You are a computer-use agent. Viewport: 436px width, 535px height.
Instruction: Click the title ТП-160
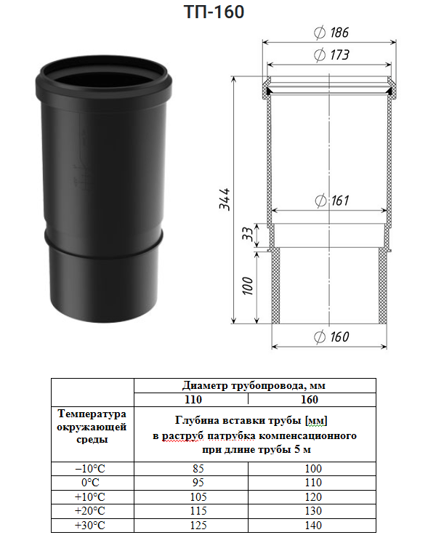point(214,12)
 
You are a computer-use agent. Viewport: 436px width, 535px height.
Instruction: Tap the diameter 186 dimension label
point(331,33)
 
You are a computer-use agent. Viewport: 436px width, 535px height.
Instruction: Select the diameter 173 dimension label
point(331,55)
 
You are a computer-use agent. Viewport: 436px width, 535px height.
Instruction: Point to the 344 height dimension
point(225,199)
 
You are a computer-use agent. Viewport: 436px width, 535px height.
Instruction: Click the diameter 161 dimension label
point(331,201)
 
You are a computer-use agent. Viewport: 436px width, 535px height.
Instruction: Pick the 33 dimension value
point(249,234)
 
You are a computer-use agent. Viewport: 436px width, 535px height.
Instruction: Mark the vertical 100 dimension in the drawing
point(248,286)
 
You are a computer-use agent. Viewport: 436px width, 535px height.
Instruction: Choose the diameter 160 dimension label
point(331,337)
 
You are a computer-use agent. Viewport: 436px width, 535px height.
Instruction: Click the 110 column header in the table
point(193,400)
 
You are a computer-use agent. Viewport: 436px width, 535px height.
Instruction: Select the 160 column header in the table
point(310,400)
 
